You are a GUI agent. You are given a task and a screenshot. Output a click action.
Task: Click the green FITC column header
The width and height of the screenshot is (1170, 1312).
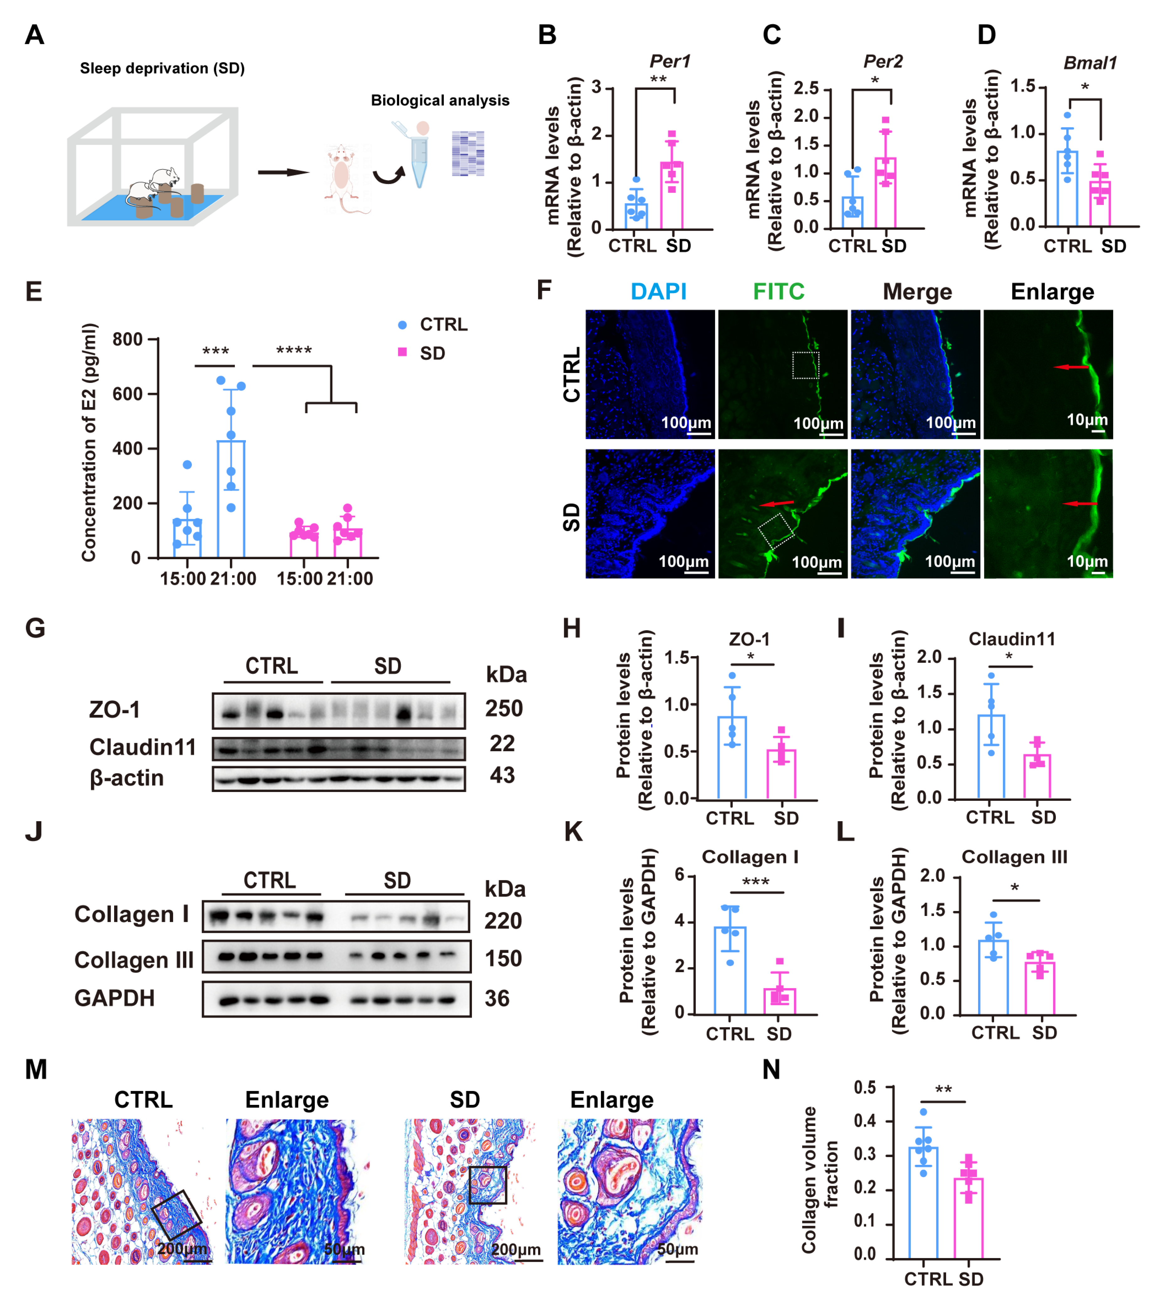coord(779,292)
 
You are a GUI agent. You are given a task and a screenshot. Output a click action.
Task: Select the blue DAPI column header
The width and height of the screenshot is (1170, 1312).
coord(658,292)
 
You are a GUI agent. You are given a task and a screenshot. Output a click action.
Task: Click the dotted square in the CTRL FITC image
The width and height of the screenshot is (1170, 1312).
coord(806,365)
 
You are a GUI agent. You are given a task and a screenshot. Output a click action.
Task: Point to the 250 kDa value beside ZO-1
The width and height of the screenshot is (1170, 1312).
coord(504,709)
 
